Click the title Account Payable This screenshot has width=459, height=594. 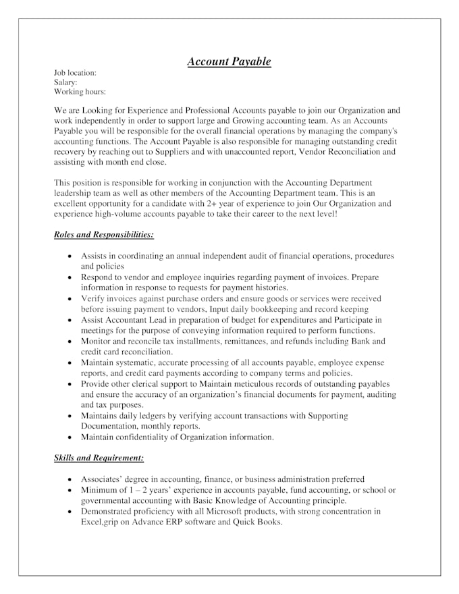click(229, 61)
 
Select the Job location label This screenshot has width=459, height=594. click(75, 72)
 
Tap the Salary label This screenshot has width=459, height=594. click(65, 82)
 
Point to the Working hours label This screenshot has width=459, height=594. click(80, 92)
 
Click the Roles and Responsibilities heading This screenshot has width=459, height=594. click(104, 235)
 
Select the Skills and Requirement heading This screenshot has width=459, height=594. click(99, 458)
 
